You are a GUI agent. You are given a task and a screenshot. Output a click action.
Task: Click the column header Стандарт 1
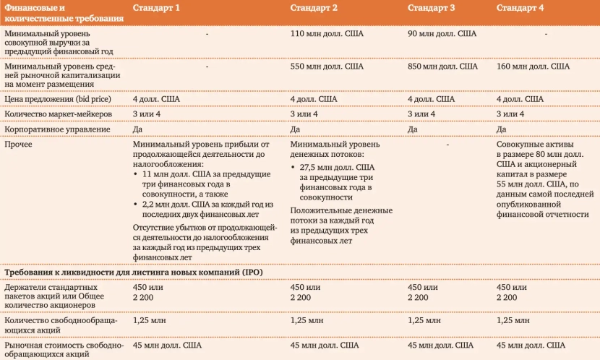point(156,8)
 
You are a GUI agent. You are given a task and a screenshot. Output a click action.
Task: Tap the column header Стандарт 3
point(431,8)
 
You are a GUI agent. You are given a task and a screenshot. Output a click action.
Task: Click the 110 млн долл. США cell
point(327,33)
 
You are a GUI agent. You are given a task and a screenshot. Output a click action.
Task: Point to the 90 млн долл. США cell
point(442,33)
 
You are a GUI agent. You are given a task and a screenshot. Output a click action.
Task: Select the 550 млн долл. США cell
point(327,67)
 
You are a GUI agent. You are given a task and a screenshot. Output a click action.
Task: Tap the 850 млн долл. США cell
point(442,67)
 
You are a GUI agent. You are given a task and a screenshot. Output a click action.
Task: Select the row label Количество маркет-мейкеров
point(58,114)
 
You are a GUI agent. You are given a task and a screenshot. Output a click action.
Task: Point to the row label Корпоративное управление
point(57,129)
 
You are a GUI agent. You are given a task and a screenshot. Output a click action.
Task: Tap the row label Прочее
point(18,145)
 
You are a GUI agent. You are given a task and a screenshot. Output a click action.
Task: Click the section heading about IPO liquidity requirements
point(134,272)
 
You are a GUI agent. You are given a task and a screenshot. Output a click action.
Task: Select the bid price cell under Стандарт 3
point(431,99)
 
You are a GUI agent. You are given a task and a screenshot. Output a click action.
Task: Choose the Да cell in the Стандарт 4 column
point(501,129)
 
